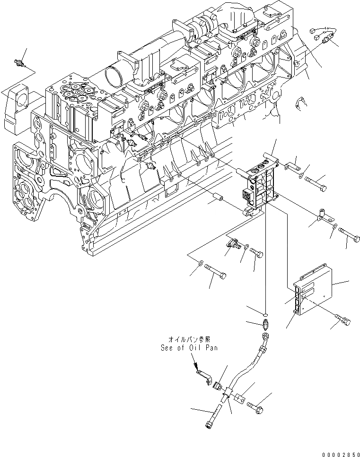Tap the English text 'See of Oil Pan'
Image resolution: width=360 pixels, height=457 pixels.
(186, 346)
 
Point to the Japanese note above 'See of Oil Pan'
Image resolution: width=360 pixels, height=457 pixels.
(186, 339)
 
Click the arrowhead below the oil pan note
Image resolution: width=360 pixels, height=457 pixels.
(194, 365)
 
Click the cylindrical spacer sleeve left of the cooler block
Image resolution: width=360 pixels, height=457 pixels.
(218, 195)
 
